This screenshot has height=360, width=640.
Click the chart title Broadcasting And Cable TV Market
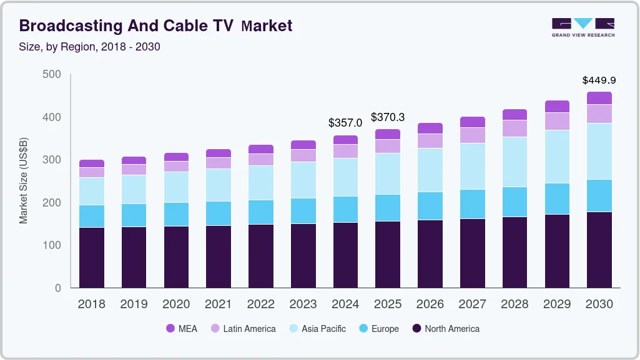(x=155, y=26)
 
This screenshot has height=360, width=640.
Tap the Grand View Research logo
(x=583, y=27)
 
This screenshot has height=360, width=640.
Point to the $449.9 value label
(x=599, y=80)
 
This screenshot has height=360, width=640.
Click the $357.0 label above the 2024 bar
(x=345, y=124)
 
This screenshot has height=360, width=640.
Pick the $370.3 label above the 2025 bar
(x=388, y=117)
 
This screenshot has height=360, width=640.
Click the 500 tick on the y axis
(x=52, y=74)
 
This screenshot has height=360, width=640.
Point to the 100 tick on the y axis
(x=52, y=245)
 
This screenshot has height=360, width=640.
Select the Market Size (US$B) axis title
(x=24, y=181)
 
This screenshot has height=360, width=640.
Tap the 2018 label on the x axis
(x=92, y=304)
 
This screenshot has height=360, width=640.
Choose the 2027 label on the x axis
(x=472, y=304)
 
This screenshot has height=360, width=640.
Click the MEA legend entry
(x=182, y=329)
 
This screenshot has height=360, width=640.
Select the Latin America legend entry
(x=242, y=329)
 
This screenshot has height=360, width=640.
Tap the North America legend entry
(x=445, y=329)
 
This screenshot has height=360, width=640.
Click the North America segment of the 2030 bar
(x=599, y=250)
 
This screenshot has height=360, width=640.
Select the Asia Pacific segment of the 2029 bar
(x=557, y=157)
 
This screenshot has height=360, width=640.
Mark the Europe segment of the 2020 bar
(x=176, y=214)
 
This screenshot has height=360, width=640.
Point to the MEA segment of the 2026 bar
(x=430, y=128)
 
